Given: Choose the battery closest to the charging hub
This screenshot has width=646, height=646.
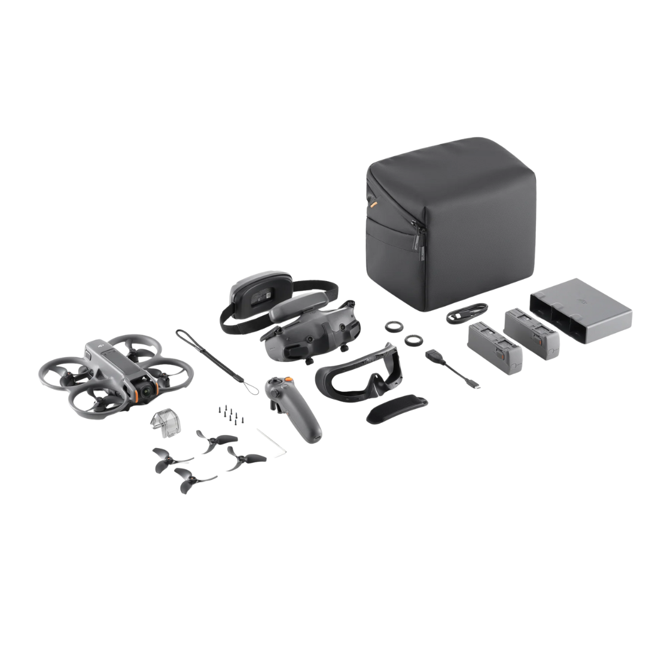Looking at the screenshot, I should [x=532, y=333].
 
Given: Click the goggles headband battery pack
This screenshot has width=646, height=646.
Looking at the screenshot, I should [x=258, y=295].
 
